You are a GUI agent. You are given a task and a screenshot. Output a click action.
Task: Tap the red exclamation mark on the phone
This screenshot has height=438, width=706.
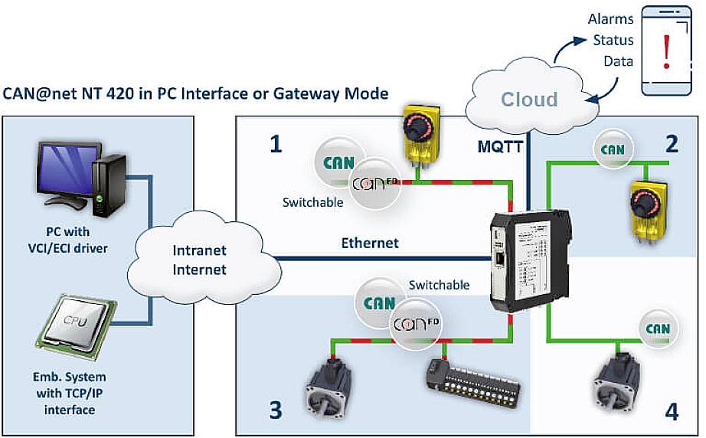pyautogui.click(x=668, y=52)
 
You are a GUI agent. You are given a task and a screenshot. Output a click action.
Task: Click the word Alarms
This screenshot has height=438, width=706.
pyautogui.click(x=610, y=19)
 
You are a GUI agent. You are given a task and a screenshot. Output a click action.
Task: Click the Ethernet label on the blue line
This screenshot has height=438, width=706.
pyautogui.click(x=370, y=243)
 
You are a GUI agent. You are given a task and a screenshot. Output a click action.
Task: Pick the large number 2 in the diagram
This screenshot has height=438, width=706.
pyautogui.click(x=672, y=144)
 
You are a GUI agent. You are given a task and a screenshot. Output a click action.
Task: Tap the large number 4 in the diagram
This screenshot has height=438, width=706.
pyautogui.click(x=672, y=412)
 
